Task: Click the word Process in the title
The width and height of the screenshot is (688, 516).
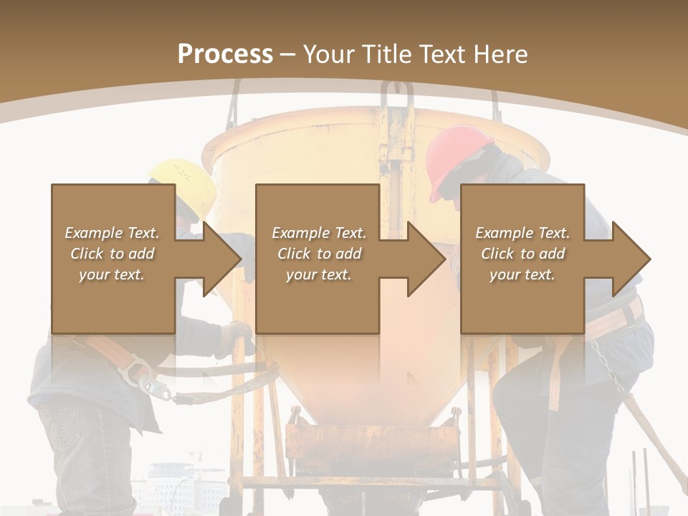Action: (x=225, y=54)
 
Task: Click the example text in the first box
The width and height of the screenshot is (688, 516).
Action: (x=113, y=254)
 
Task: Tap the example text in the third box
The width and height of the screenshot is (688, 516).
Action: (x=522, y=254)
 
